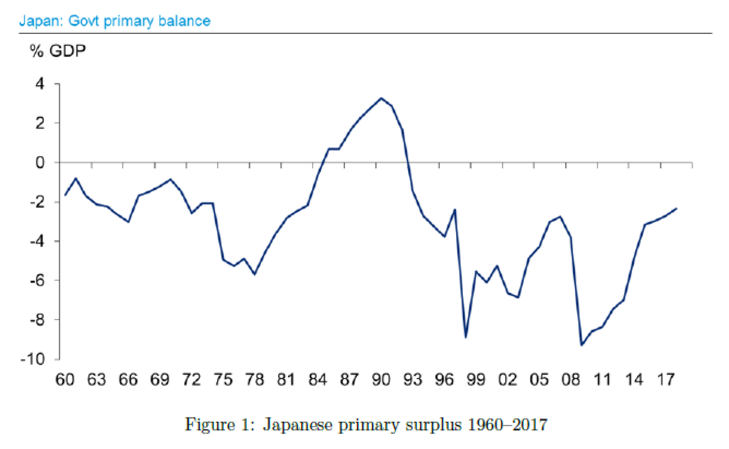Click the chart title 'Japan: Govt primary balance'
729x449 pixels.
tap(114, 22)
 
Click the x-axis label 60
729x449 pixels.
tap(65, 379)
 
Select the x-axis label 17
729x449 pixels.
tap(666, 379)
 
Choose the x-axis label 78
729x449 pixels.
tap(255, 379)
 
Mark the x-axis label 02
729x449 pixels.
tap(507, 379)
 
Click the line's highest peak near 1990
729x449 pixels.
tap(381, 98)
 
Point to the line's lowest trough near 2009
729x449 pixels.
tap(582, 345)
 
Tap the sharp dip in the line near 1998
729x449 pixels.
tap(465, 337)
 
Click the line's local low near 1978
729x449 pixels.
tap(255, 274)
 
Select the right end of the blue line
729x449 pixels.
tap(677, 208)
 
